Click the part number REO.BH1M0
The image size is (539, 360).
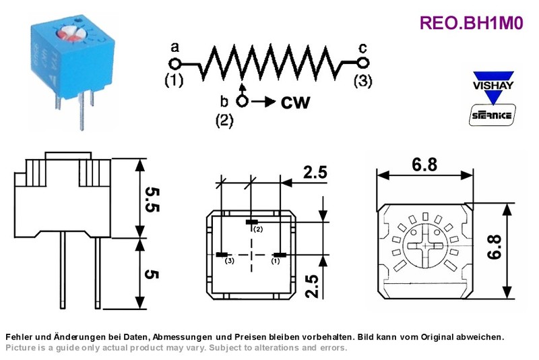point(471,23)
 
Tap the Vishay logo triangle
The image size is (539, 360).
point(493,88)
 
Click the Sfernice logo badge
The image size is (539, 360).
point(493,115)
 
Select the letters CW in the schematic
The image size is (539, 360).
point(295,102)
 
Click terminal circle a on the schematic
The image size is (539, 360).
point(175,64)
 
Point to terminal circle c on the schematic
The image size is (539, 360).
point(363,63)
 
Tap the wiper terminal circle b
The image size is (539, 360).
point(243,101)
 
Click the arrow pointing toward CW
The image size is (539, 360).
point(263,102)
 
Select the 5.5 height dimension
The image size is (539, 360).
point(152,200)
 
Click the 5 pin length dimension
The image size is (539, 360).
point(152,274)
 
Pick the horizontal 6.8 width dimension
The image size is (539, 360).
point(425,164)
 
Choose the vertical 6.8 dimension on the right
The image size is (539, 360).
point(495,247)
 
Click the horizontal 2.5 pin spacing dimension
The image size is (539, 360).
point(315,173)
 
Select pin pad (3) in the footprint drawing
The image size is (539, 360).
point(222,255)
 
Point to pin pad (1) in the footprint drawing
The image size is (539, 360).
point(280,255)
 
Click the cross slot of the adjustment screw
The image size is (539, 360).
point(425,245)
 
